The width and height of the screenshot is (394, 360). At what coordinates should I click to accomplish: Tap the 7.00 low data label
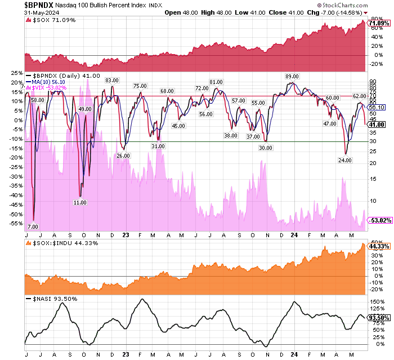(33, 226)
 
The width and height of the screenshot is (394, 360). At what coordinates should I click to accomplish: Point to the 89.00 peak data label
(292, 76)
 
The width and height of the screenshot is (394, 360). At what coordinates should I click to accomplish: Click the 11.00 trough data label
(80, 202)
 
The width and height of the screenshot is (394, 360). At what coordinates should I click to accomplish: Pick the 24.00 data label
(344, 160)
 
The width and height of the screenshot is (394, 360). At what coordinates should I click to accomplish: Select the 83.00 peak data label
(111, 80)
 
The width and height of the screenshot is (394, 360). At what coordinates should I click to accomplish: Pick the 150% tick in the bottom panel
(377, 301)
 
